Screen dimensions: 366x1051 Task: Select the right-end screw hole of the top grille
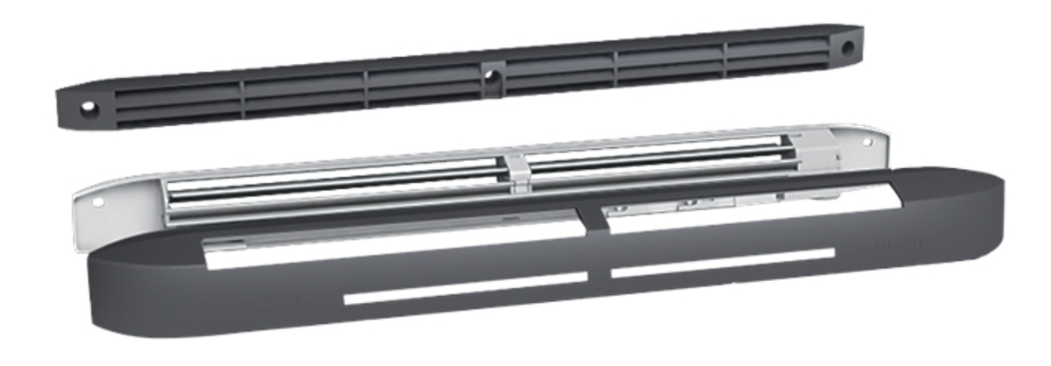(x=847, y=48)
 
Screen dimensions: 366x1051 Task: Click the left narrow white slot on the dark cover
(x=464, y=288)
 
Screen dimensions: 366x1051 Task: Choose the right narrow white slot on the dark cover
(x=723, y=262)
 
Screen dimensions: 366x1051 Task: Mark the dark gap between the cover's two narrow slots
(x=599, y=275)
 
